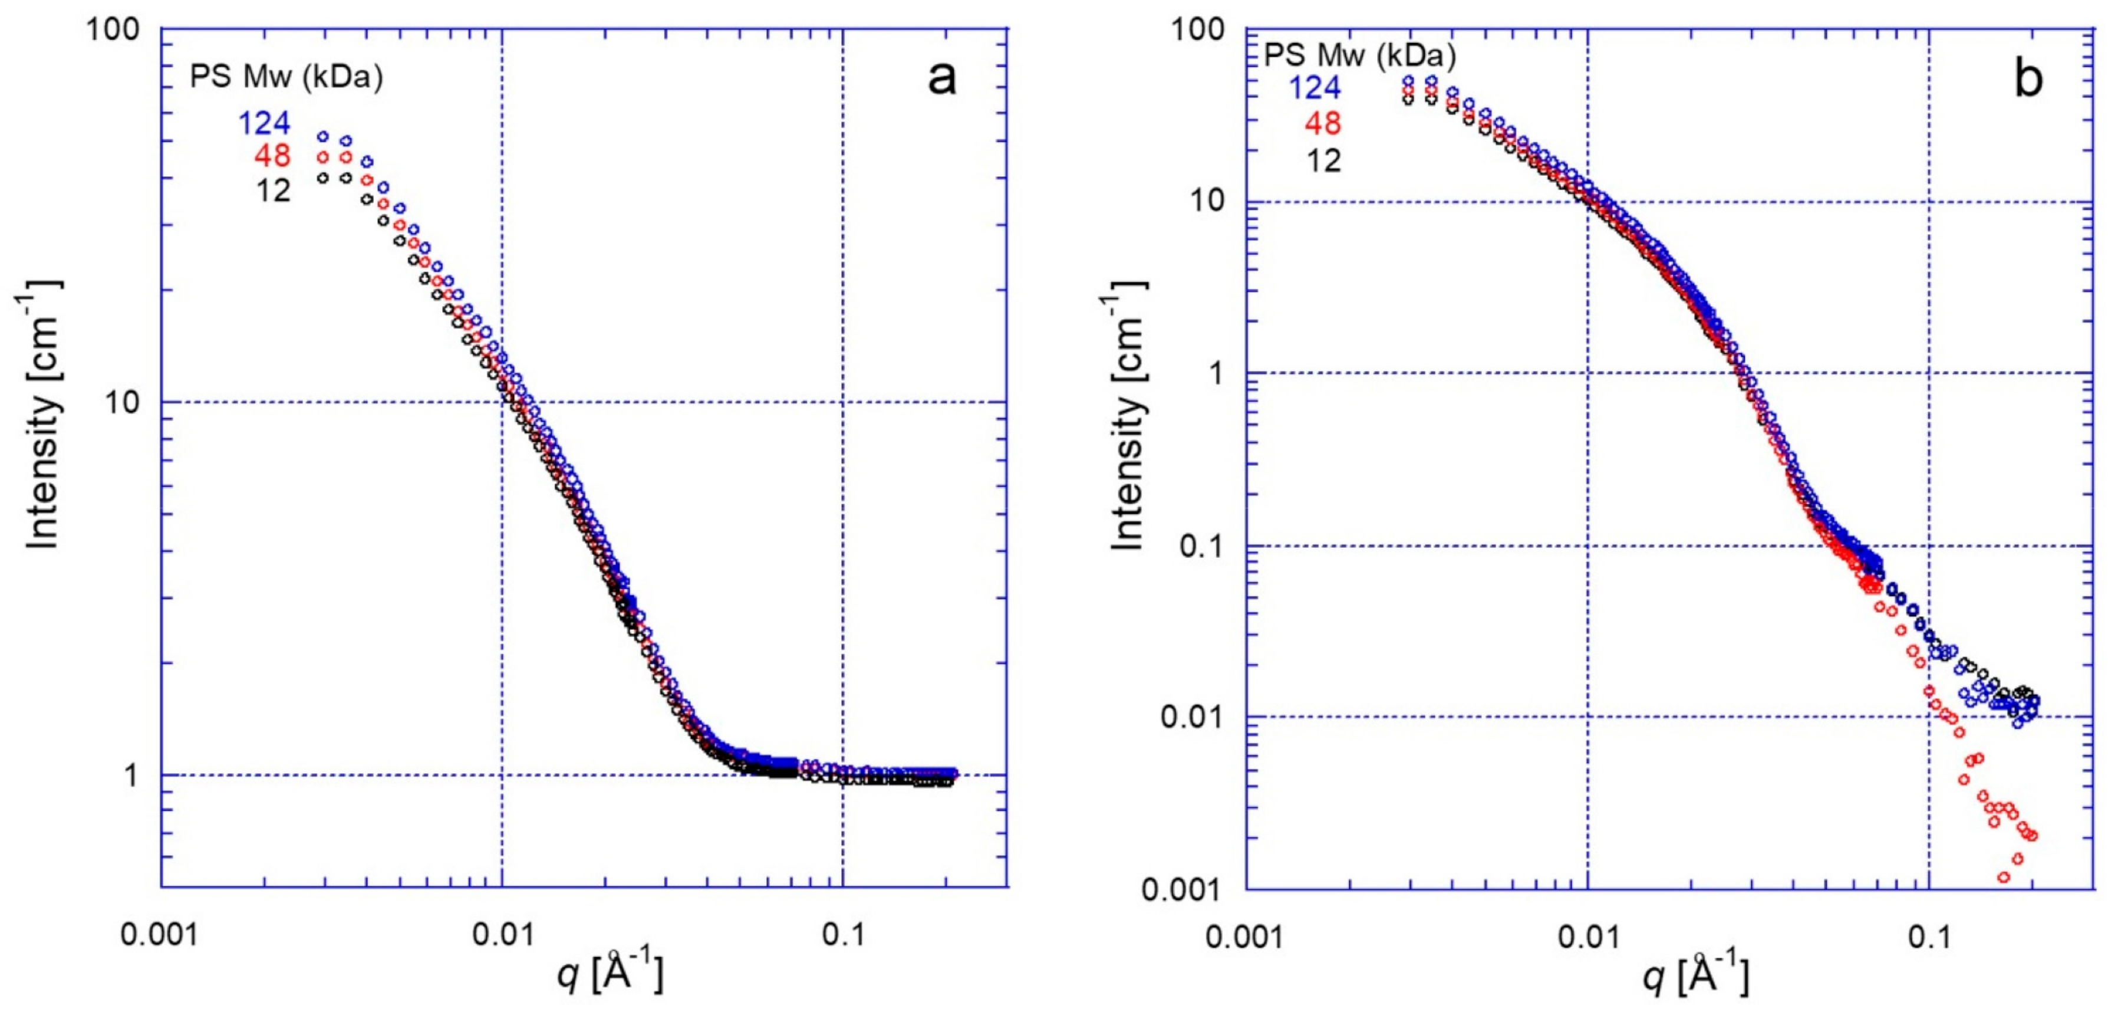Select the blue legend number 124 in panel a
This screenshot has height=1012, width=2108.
pyautogui.click(x=263, y=123)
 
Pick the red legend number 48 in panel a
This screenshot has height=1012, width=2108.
pyautogui.click(x=272, y=156)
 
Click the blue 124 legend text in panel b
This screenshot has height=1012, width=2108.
pyautogui.click(x=1315, y=87)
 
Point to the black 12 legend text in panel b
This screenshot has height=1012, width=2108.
pyautogui.click(x=1323, y=160)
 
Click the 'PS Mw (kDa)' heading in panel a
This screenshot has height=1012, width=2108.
pyautogui.click(x=286, y=78)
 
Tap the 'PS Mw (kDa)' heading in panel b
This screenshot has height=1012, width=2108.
pyautogui.click(x=1360, y=55)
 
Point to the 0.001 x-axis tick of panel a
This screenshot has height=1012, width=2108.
pyautogui.click(x=160, y=934)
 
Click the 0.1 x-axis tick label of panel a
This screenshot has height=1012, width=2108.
pyautogui.click(x=843, y=934)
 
